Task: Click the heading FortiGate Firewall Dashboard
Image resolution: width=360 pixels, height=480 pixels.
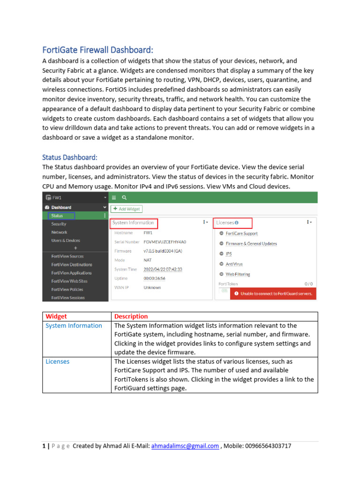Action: [97, 50]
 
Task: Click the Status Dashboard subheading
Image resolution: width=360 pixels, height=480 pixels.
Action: [69, 157]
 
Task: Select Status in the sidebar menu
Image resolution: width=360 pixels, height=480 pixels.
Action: [57, 216]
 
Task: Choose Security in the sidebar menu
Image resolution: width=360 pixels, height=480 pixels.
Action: [59, 224]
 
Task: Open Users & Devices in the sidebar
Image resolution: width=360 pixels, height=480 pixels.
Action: [66, 240]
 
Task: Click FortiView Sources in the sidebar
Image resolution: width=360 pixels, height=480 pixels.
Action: [67, 256]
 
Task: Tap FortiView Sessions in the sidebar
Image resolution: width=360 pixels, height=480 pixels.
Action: [68, 298]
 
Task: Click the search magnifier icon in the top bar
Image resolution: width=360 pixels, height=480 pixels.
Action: [124, 198]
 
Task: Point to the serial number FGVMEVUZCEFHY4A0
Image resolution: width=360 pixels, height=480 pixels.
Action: [165, 242]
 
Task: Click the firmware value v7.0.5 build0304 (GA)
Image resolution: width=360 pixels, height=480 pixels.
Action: [163, 251]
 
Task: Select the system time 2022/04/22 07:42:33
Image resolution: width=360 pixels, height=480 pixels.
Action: [163, 270]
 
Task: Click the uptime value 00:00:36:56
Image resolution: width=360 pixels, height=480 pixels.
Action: [154, 278]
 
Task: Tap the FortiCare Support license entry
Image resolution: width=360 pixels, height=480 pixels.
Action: [241, 233]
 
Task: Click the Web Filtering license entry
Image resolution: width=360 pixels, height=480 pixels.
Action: [238, 274]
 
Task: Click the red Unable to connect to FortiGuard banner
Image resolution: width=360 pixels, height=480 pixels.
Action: [273, 294]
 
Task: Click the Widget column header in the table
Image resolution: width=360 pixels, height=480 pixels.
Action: [56, 316]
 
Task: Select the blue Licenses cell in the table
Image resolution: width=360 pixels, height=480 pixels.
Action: [57, 362]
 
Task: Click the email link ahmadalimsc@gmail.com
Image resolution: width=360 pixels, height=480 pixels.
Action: [185, 446]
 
